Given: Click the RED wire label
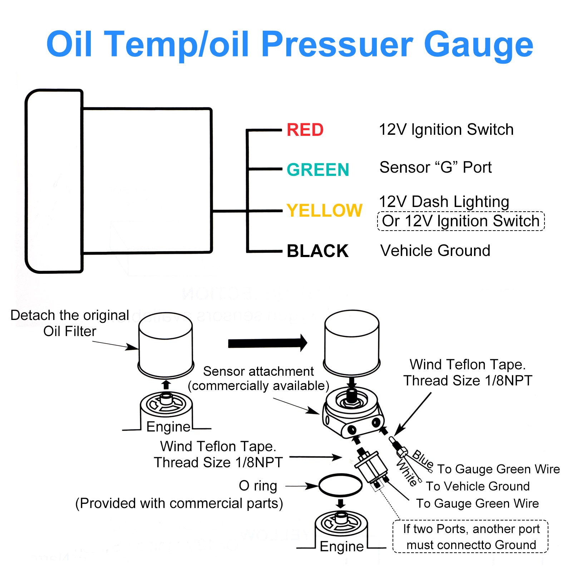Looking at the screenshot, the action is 305,130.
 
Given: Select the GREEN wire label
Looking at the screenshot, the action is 318,169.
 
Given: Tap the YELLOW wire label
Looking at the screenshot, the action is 325,210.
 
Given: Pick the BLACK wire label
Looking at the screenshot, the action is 317,251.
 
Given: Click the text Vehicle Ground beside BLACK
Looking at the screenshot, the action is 435,251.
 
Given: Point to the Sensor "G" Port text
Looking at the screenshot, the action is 435,167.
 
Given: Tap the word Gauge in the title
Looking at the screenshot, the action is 478,44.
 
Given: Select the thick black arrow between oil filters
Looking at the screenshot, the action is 268,343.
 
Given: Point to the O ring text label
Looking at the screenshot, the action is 258,486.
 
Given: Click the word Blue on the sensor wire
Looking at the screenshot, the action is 423,459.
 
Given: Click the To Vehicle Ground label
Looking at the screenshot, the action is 478,486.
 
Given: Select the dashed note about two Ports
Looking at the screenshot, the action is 470,537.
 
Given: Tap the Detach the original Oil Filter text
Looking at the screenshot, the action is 70,323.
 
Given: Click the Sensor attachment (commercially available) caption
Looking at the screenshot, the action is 258,379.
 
